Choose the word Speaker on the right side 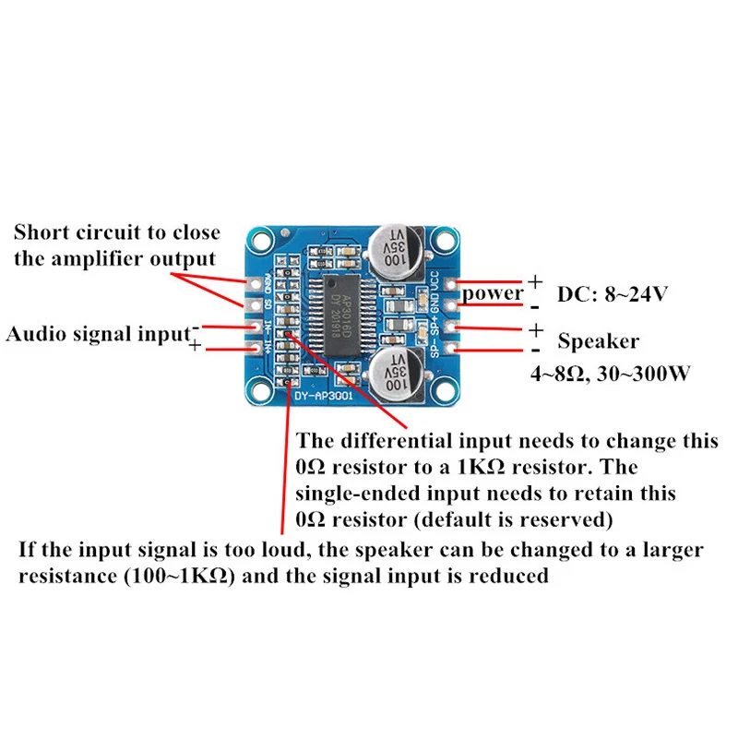coord(598,341)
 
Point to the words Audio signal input coord(97,334)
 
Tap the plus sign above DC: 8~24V coord(536,280)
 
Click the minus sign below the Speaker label coord(536,351)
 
